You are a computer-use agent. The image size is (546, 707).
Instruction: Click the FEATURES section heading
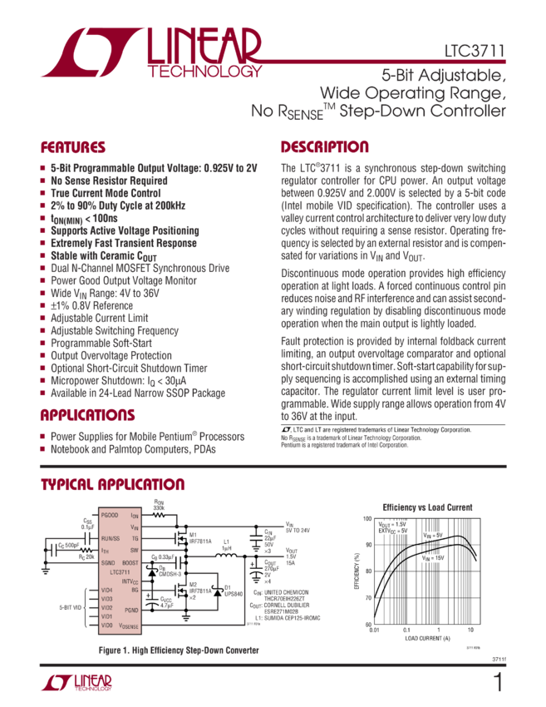tap(73, 148)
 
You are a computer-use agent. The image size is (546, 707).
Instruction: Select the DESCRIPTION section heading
tap(324, 147)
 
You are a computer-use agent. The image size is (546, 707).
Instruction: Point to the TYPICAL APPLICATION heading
tap(113, 485)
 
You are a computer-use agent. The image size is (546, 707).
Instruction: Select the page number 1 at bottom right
tap(497, 683)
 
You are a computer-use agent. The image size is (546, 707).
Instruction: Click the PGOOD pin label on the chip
tap(109, 516)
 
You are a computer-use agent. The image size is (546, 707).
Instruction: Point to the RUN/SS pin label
tap(111, 539)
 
